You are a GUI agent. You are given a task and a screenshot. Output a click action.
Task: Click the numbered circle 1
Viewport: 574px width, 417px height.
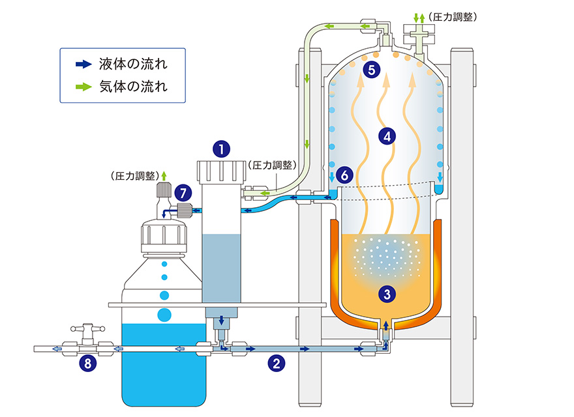222,149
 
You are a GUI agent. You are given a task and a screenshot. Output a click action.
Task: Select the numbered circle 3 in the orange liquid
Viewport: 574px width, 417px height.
388,294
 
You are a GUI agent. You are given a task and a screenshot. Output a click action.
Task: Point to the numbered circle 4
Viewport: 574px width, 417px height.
387,136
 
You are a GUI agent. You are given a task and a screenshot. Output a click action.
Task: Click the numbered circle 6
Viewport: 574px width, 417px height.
346,175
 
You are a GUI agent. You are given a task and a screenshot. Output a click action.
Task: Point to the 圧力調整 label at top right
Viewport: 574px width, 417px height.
451,17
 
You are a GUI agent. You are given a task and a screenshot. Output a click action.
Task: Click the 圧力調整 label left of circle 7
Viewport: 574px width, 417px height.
134,176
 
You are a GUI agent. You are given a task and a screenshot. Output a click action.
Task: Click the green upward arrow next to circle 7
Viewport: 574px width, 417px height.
164,175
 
